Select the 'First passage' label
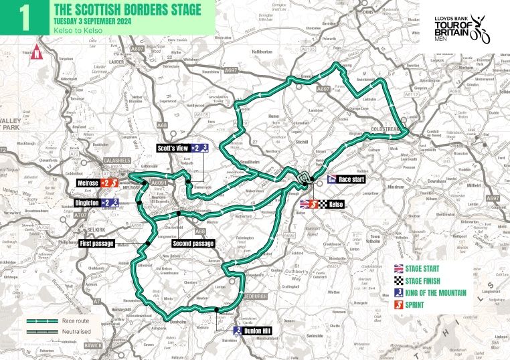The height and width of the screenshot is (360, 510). point(98,243)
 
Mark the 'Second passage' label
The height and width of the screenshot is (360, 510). point(192,243)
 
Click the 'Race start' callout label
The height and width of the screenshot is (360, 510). point(352,179)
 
